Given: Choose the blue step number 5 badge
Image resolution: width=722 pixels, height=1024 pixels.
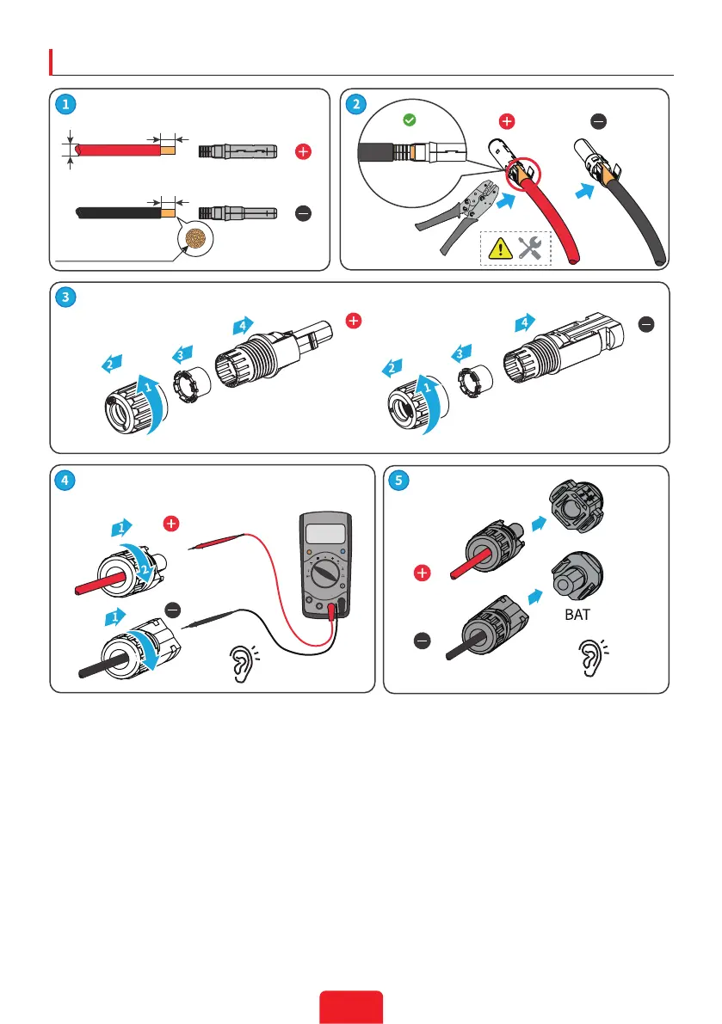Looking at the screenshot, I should (x=398, y=481).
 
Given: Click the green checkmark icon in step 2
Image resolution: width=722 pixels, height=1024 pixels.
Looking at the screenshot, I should (x=410, y=120).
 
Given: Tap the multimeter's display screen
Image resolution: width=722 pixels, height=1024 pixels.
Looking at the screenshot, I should (x=324, y=534).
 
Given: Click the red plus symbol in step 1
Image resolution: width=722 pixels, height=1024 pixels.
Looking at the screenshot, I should (x=303, y=152).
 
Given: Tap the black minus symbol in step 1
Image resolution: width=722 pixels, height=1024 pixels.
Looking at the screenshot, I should (x=303, y=212).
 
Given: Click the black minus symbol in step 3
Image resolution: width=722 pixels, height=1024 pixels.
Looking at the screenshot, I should (x=647, y=323).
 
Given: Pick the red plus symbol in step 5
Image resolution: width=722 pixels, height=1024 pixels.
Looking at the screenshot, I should (x=421, y=572).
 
